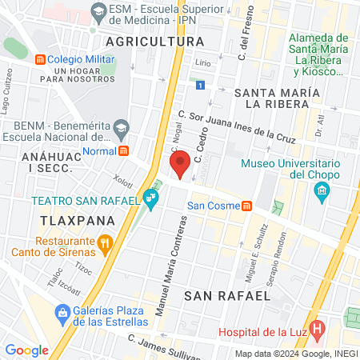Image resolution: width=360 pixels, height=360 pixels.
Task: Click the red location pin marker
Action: coord(181,163)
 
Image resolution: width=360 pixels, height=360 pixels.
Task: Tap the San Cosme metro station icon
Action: coord(248,206)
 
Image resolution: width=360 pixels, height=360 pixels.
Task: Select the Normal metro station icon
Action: coord(123,150)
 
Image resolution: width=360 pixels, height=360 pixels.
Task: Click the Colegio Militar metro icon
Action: coord(38,59)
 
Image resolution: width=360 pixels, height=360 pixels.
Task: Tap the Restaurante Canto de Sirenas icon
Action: coord(104,242)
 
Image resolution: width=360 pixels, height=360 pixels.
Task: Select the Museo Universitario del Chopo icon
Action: coord(322,190)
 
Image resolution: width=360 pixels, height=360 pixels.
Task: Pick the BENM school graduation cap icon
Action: coord(120,126)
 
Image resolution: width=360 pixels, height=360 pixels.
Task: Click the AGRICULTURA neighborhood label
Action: coord(155,41)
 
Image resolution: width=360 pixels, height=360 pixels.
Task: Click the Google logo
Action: coord(26,349)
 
